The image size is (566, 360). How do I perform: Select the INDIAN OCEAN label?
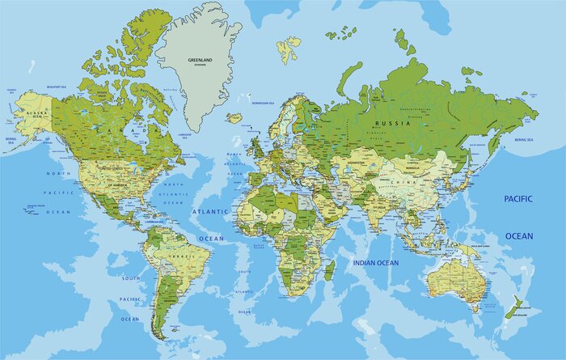click(375, 263)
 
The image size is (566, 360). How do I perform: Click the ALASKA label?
click(35, 114)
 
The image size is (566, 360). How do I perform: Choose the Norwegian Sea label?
click(263, 103)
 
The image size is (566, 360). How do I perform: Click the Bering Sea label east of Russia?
click(524, 139)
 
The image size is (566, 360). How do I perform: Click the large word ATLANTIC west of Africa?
click(205, 211)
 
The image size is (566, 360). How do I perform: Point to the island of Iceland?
click(234, 117)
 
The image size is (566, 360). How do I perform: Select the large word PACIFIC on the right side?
click(519, 198)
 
